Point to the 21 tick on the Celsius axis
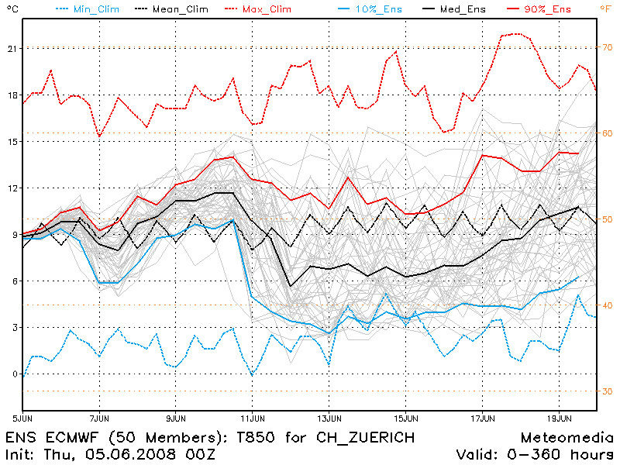pyautogui.click(x=11, y=48)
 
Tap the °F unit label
pyautogui.click(x=606, y=8)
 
